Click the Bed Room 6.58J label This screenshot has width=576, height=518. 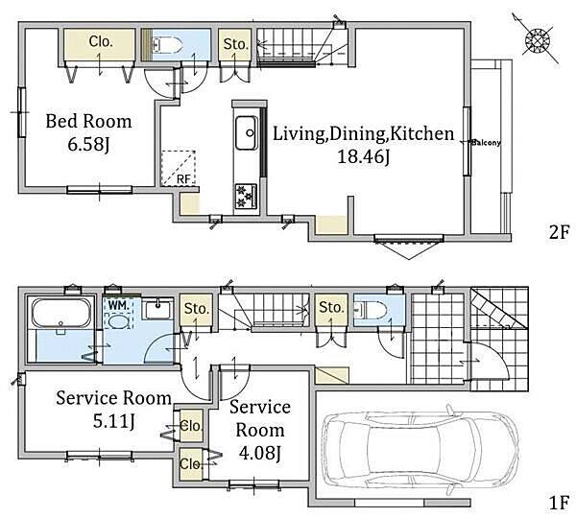[88, 132]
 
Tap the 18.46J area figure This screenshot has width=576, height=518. [363, 157]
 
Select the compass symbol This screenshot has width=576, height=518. [537, 39]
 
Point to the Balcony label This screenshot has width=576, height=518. [486, 142]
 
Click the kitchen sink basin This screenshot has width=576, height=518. [246, 132]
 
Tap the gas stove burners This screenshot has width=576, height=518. [246, 197]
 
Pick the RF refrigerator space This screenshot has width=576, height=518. [179, 168]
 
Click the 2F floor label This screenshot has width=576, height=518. [559, 232]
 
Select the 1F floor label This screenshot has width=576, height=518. [559, 503]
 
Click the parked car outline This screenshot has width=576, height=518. [420, 451]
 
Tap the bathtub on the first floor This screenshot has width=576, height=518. [61, 313]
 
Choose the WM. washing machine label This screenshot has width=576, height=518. [119, 305]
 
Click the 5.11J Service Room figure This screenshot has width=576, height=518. [113, 421]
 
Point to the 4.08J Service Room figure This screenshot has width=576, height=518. [260, 454]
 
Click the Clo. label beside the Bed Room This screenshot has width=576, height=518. [100, 41]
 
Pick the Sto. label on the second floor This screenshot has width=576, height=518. [235, 44]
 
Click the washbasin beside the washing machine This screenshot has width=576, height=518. [158, 310]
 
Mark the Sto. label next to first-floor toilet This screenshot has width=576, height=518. [331, 307]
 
